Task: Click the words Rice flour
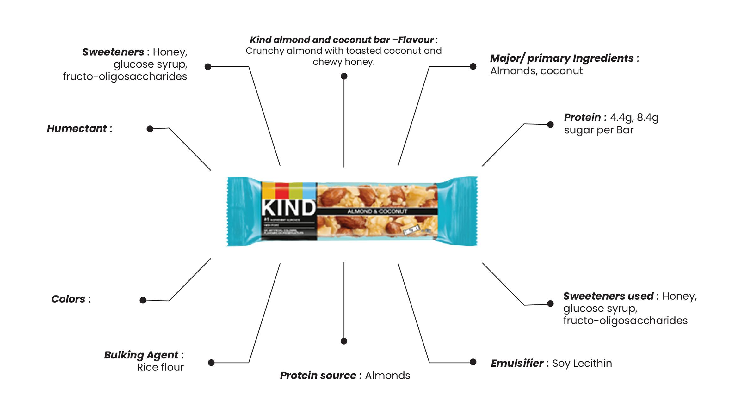pyautogui.click(x=160, y=367)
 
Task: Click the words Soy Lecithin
pyautogui.click(x=582, y=363)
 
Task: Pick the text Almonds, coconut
pyautogui.click(x=536, y=71)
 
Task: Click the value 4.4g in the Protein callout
pyautogui.click(x=621, y=118)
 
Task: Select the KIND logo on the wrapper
pyautogui.click(x=288, y=208)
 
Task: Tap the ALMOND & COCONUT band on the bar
pyautogui.click(x=377, y=211)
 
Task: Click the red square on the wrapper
pyautogui.click(x=282, y=190)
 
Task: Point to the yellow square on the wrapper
pyautogui.click(x=268, y=190)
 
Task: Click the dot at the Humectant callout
pyautogui.click(x=150, y=129)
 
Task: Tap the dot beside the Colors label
pyautogui.click(x=143, y=300)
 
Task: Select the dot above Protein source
pyautogui.click(x=344, y=341)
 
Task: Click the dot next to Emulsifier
pyautogui.click(x=473, y=362)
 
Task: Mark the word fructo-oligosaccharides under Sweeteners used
pyautogui.click(x=625, y=321)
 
